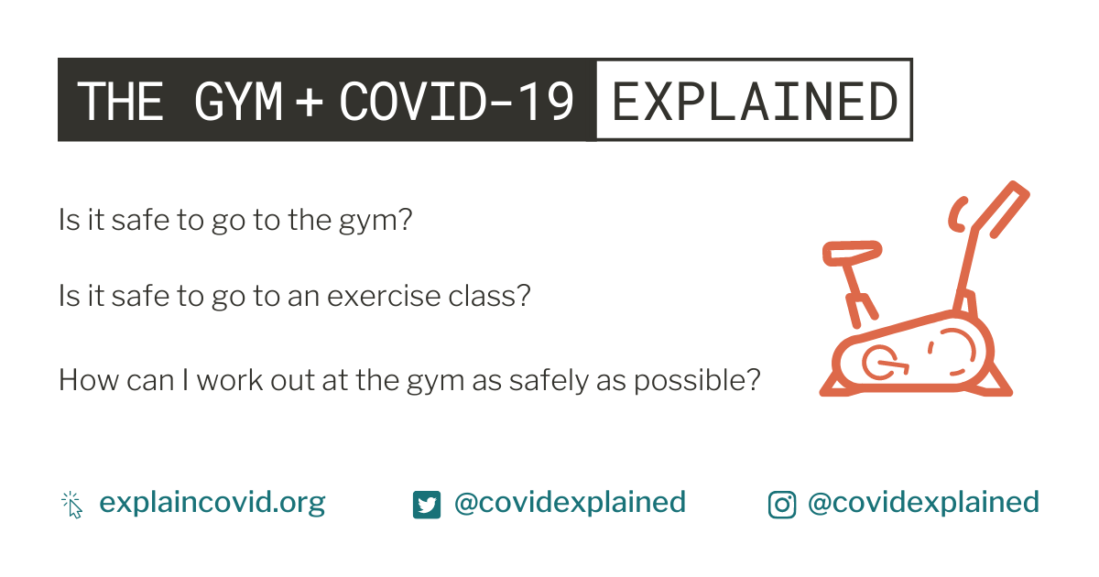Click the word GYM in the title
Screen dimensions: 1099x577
pyautogui.click(x=238, y=101)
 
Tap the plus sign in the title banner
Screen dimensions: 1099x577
pyautogui.click(x=310, y=102)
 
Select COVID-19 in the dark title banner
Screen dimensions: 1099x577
pyautogui.click(x=456, y=101)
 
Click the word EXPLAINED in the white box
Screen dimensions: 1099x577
pyautogui.click(x=755, y=101)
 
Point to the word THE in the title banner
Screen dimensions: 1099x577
pyautogui.click(x=120, y=101)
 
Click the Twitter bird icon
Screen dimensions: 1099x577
pyautogui.click(x=427, y=505)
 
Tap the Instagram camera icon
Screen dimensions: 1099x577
pyautogui.click(x=782, y=505)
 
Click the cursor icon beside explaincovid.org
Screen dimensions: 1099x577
pyautogui.click(x=72, y=505)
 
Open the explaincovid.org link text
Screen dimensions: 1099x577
pyautogui.click(x=212, y=503)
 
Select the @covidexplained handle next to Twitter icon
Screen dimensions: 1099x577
pyautogui.click(x=570, y=502)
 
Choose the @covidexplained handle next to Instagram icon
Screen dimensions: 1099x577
pyautogui.click(x=923, y=502)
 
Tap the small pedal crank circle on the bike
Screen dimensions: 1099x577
pyautogui.click(x=881, y=363)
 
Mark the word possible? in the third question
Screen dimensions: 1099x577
pyautogui.click(x=697, y=381)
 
